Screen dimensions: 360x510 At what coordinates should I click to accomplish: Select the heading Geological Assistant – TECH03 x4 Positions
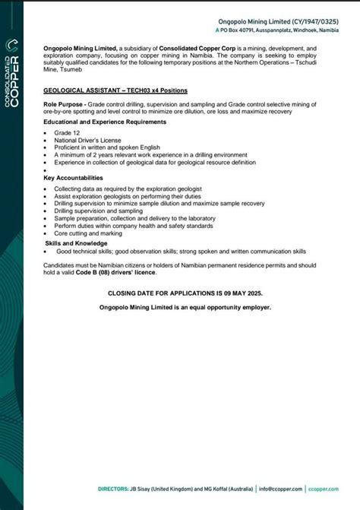[115, 90]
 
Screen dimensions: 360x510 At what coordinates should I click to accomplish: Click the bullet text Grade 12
[66, 132]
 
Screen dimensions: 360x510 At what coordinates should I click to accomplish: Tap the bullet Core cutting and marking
[87, 233]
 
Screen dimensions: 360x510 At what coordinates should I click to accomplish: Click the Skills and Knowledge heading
[77, 242]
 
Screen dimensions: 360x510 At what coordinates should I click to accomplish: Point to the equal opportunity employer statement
[185, 307]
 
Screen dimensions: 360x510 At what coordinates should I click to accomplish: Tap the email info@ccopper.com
[282, 488]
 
